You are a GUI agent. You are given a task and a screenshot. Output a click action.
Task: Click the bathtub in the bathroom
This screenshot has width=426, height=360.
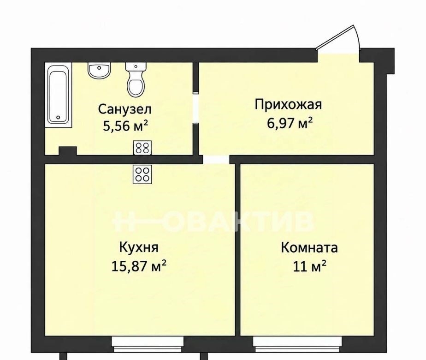[x=59, y=95]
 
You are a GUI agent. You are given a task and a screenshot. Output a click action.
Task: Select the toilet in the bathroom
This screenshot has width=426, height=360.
[x=136, y=80]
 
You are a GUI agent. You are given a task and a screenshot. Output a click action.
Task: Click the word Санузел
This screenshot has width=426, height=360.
[x=124, y=109]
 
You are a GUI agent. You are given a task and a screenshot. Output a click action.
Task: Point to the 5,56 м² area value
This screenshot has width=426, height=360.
[x=125, y=126]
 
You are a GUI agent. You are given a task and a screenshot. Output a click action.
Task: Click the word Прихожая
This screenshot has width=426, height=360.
[x=288, y=105]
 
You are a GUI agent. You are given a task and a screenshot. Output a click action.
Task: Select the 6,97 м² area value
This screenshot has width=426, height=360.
[x=290, y=123]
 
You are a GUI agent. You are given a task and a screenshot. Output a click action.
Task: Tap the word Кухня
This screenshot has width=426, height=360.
[x=139, y=248]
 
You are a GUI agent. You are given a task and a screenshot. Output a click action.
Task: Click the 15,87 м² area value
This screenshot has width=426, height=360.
[x=139, y=266]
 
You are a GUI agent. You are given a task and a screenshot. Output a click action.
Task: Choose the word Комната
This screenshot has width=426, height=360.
[x=309, y=248]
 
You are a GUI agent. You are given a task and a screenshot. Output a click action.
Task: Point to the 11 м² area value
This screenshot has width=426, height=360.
[x=309, y=266]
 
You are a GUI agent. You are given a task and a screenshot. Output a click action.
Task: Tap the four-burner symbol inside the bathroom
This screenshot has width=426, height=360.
[x=142, y=148]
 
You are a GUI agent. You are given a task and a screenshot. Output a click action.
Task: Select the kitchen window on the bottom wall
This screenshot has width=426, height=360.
[x=148, y=344]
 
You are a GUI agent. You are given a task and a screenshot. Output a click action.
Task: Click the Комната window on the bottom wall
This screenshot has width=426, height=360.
[x=297, y=344]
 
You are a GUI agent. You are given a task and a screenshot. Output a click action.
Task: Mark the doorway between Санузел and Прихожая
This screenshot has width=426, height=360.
[x=196, y=108]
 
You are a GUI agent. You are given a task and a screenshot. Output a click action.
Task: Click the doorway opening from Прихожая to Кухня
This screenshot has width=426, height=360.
[x=216, y=160]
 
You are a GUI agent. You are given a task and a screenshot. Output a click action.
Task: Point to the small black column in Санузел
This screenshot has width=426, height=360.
[x=68, y=151]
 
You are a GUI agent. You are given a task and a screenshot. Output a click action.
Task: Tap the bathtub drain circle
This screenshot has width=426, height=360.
[x=58, y=118]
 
